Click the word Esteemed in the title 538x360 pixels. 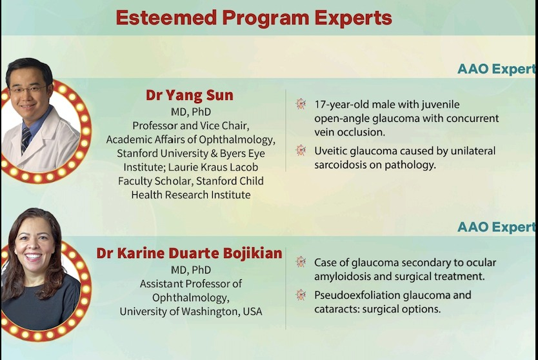[x=166, y=17]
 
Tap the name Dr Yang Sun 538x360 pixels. [x=190, y=95]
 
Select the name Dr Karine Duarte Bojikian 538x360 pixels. [x=190, y=254]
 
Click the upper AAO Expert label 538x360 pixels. [x=496, y=69]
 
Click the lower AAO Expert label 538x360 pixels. [x=496, y=227]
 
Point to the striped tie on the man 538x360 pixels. [x=25, y=140]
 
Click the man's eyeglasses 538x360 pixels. [x=28, y=90]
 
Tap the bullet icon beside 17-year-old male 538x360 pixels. [x=301, y=104]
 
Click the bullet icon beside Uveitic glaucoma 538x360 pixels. [x=301, y=150]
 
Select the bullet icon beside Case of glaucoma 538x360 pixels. [x=301, y=262]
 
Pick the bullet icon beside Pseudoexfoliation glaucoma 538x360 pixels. [x=301, y=294]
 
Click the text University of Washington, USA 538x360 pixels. [x=191, y=312]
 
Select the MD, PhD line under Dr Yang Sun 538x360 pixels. [x=191, y=112]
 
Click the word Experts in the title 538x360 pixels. [x=354, y=18]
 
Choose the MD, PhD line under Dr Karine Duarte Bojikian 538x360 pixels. [x=191, y=270]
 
